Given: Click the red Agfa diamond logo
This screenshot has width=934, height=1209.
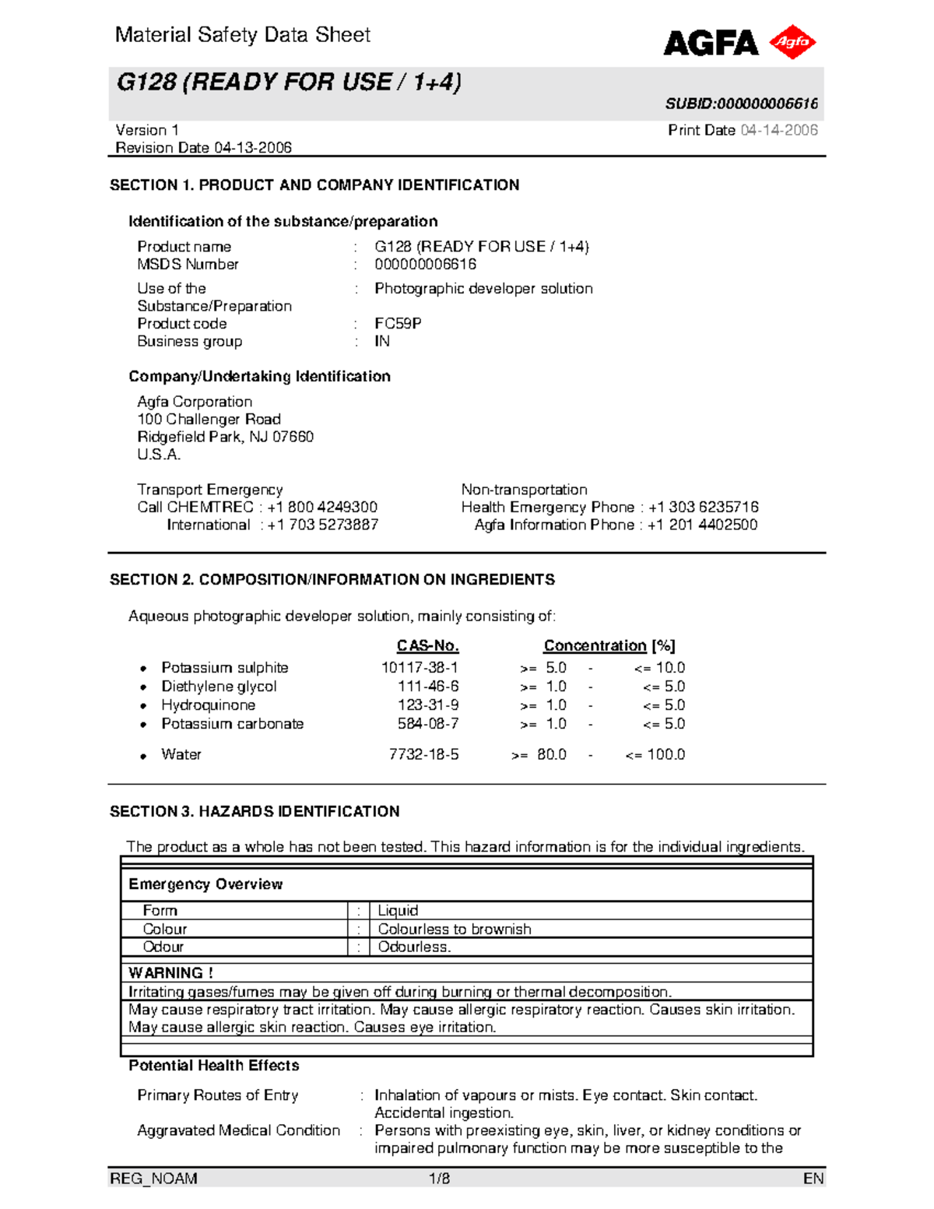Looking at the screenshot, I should point(792,42).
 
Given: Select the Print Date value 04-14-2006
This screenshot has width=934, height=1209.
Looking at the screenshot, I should point(778,130).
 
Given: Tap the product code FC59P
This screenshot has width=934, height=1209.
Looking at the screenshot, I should point(398,323).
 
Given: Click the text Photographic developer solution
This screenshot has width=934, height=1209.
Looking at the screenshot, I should point(483,289).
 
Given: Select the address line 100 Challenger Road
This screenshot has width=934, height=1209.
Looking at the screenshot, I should point(209,419).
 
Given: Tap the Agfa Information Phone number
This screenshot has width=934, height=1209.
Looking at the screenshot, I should point(702,525).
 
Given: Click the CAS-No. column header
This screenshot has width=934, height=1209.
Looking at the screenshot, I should point(427,646).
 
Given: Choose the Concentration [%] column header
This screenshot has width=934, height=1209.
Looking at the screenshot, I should point(609,646).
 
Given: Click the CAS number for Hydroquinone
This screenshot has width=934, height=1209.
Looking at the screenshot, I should point(428,705).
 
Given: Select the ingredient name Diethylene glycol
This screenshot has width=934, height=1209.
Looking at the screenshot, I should point(219,687).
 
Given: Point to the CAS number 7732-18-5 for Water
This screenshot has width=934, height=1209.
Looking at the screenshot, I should point(423,754).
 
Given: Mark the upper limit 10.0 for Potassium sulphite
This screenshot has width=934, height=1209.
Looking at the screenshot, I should point(669,668).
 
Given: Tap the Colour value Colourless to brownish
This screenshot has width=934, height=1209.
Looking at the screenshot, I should point(455,929).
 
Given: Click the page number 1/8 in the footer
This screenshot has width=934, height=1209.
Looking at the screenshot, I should point(440,1179).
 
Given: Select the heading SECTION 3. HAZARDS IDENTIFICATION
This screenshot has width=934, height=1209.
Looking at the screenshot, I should point(255,811).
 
